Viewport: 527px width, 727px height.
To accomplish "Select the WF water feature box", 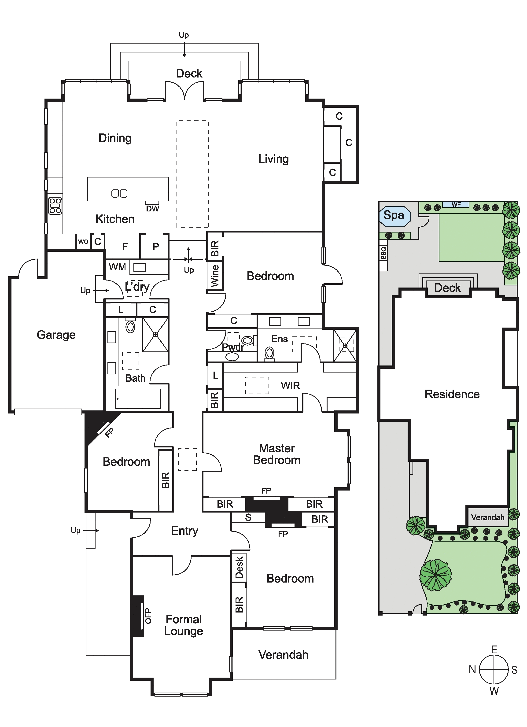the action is pyautogui.click(x=456, y=204).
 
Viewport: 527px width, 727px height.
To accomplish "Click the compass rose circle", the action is pyautogui.click(x=494, y=669).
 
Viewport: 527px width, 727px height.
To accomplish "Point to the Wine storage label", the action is pyautogui.click(x=215, y=276).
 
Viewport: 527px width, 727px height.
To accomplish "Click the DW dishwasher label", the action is pyautogui.click(x=153, y=209).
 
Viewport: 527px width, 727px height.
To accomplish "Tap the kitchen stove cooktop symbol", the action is pyautogui.click(x=55, y=206).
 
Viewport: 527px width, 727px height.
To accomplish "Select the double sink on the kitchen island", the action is pyautogui.click(x=119, y=193).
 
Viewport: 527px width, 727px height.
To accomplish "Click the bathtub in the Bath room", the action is pyautogui.click(x=138, y=399).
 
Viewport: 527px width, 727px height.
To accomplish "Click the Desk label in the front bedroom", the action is pyautogui.click(x=239, y=567).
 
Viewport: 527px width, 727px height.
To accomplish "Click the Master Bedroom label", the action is pyautogui.click(x=277, y=454).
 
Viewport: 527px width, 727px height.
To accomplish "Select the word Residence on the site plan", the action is pyautogui.click(x=452, y=394).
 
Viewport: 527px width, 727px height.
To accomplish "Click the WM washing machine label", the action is pyautogui.click(x=117, y=267).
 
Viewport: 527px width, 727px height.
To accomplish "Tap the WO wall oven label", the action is pyautogui.click(x=83, y=242).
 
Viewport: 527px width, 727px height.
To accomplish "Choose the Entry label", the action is pyautogui.click(x=185, y=531).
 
